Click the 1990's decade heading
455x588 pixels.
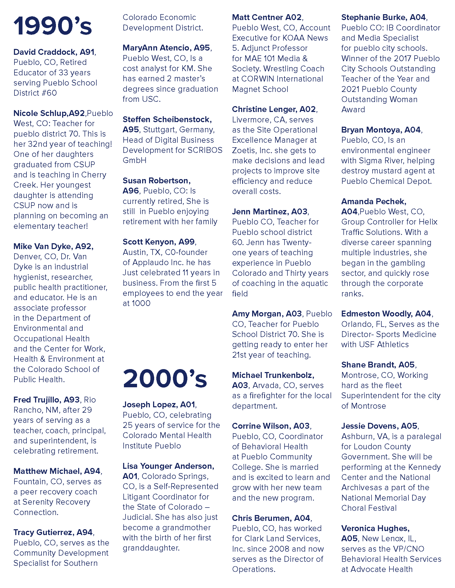tap(53, 26)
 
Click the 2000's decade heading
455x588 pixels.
tap(165, 379)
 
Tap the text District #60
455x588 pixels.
tap(35, 93)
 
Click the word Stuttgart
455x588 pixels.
tap(159, 130)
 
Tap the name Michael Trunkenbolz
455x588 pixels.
tap(273, 375)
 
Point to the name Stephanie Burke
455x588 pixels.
tap(374, 17)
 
